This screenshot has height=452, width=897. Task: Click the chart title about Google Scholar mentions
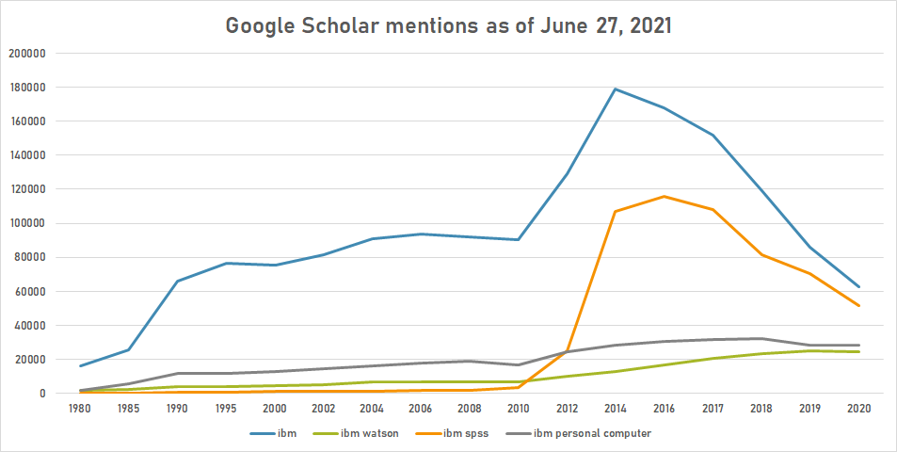click(448, 25)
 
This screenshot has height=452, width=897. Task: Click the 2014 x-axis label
click(616, 410)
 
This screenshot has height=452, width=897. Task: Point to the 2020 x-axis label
click(858, 410)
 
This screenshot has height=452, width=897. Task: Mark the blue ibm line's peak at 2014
click(616, 89)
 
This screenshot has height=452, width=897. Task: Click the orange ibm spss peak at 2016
click(665, 197)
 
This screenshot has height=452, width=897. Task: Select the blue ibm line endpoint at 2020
click(858, 286)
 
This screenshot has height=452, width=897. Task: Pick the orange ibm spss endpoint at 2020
click(858, 305)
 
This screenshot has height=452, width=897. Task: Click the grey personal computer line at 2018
click(761, 338)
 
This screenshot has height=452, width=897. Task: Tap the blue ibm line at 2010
click(519, 239)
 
